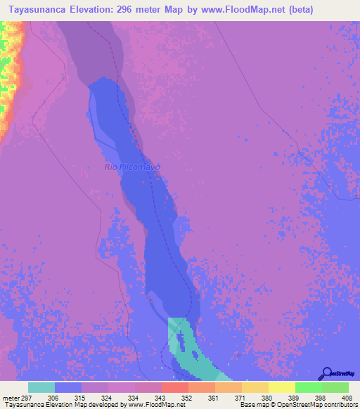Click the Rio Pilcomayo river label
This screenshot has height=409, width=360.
133,167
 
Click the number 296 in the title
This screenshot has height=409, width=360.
131,9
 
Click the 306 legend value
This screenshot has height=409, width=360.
69,398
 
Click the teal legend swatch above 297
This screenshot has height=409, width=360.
41,387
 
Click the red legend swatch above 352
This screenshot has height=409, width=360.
175,387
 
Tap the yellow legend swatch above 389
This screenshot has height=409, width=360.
282,387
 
